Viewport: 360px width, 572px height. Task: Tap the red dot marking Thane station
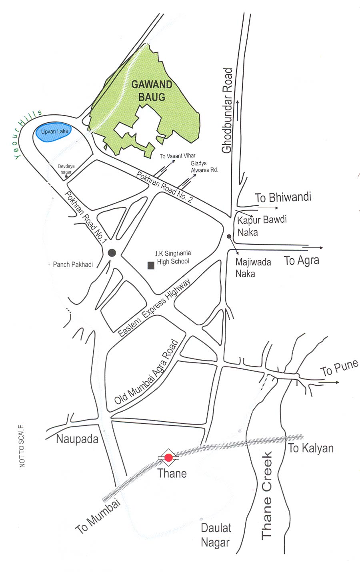click(168, 457)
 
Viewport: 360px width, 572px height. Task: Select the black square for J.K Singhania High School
click(151, 265)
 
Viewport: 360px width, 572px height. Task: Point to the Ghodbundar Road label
click(227, 111)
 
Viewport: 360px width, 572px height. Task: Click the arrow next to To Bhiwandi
click(269, 208)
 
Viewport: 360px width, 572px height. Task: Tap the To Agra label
click(302, 261)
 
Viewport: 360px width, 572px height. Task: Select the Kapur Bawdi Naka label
click(262, 225)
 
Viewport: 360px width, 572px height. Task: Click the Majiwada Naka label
click(253, 268)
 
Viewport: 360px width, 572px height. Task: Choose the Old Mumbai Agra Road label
click(146, 372)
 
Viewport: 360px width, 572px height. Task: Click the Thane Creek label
click(267, 495)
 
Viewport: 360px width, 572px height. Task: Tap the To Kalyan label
click(311, 448)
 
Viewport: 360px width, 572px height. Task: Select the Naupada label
click(77, 439)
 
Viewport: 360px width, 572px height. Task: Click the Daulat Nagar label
click(216, 535)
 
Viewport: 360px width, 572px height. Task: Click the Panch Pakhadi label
click(73, 264)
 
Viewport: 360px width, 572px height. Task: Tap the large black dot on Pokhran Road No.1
click(112, 253)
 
